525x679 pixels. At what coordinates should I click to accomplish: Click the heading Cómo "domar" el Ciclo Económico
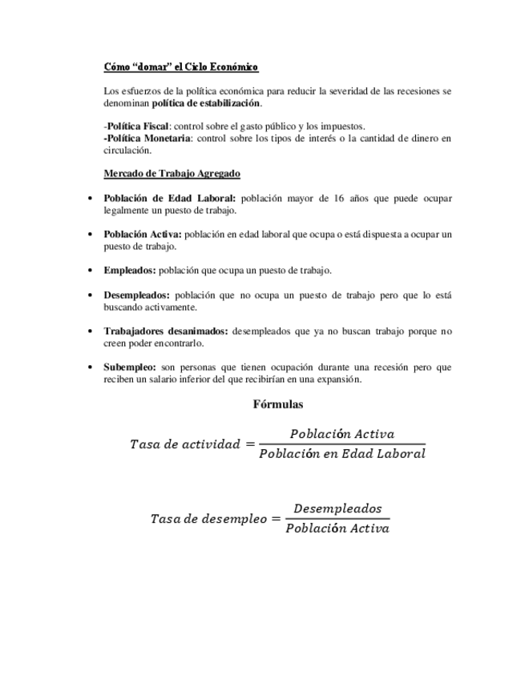click(x=180, y=67)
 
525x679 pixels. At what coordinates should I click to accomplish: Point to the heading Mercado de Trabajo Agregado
click(x=172, y=173)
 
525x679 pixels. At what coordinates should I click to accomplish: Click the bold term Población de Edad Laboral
click(x=170, y=198)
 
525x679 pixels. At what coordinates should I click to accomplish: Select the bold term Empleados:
click(x=130, y=271)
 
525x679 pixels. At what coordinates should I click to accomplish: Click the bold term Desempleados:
click(x=136, y=295)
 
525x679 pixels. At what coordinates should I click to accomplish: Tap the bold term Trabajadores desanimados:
click(x=166, y=331)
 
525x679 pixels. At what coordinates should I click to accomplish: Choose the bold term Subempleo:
click(x=130, y=367)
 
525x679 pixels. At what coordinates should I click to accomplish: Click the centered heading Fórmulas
click(x=278, y=404)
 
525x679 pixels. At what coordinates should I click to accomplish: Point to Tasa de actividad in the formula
click(x=184, y=444)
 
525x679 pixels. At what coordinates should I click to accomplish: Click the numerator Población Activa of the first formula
click(x=342, y=434)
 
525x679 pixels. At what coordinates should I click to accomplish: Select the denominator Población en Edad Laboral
click(x=342, y=454)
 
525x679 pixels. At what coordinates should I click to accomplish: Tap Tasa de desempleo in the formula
click(x=208, y=519)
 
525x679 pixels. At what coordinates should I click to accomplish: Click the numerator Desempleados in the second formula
click(x=337, y=508)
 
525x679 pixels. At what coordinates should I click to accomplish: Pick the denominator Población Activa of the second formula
click(x=337, y=528)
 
